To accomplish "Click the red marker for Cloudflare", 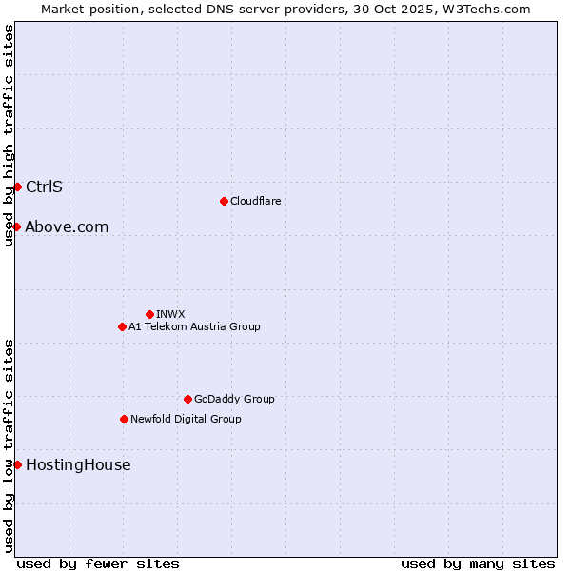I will point(224,201).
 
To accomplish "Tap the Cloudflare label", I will point(255,201).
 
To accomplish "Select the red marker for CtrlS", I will point(17,187).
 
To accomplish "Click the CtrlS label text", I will point(44,187).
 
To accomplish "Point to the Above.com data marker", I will point(17,226).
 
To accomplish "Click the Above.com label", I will point(67,226).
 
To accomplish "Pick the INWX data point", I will point(149,314).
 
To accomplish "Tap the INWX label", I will point(170,314).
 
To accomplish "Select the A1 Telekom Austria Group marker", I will point(122,326).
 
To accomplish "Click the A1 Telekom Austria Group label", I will point(194,326).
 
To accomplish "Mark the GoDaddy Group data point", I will point(187,399).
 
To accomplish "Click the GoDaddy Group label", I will point(233,399).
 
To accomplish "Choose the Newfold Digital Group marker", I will point(124,419).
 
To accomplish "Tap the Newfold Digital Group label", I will point(186,419).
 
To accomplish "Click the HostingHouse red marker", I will point(17,464).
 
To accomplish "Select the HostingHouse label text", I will point(78,464).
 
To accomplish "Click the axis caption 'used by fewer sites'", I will point(98,563).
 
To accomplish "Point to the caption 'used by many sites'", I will point(478,563).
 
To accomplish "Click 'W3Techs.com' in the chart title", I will point(491,9).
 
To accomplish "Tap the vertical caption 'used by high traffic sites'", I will point(9,135).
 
